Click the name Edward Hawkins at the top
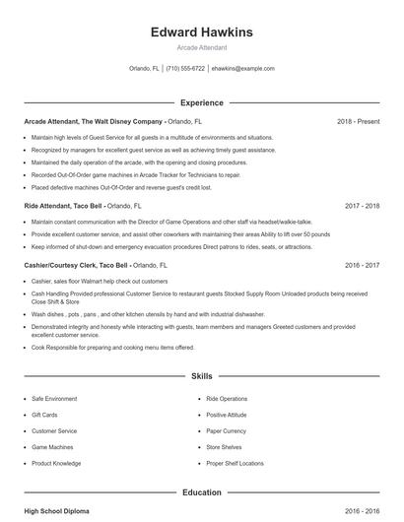click(202, 33)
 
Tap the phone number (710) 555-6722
click(185, 69)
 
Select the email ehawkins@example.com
click(242, 69)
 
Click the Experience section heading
click(202, 102)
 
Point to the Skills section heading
click(202, 376)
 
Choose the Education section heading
click(202, 491)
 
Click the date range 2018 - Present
click(358, 121)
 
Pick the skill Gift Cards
click(45, 415)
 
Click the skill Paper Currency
click(227, 430)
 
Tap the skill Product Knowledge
click(56, 463)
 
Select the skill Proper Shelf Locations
click(235, 463)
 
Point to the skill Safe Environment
click(53, 399)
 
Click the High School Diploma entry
click(58, 512)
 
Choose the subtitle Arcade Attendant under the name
click(202, 47)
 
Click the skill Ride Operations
click(227, 399)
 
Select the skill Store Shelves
click(224, 446)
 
